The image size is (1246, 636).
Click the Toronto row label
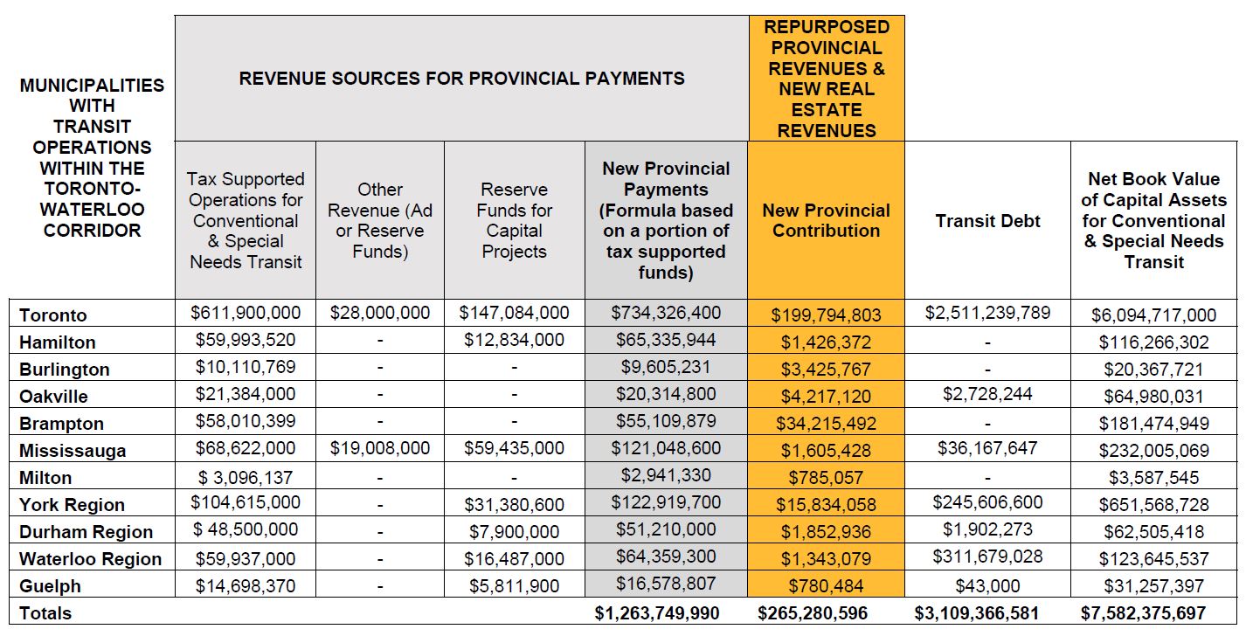point(53,315)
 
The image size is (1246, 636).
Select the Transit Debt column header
point(987,221)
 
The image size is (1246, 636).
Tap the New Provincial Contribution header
point(826,220)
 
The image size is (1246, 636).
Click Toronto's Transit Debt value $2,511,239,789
point(987,313)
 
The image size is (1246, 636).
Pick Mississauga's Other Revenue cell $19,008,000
point(379,448)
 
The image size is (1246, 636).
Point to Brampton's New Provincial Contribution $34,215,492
point(826,424)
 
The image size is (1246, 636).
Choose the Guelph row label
point(50,586)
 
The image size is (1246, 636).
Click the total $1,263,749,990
point(657,613)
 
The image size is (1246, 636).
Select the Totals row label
point(45,613)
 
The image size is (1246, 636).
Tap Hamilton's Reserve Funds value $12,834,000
point(514,340)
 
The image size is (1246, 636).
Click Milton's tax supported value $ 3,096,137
point(246,476)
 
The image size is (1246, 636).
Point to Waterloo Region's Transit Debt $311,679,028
point(987,556)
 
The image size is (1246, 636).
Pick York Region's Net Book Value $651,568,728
point(1153,505)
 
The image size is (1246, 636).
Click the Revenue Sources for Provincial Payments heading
point(461,79)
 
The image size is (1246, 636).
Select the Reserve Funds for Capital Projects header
point(514,220)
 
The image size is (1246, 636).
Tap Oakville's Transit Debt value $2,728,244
point(987,394)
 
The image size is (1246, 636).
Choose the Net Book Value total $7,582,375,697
point(1153,613)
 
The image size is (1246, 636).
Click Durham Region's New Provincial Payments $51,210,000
point(666,529)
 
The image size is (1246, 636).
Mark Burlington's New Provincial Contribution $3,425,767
point(826,370)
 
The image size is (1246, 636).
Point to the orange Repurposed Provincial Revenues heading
point(826,79)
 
